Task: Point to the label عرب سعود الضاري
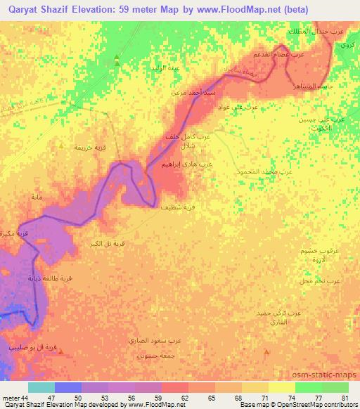(x=160, y=341)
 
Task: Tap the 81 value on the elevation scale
(x=345, y=396)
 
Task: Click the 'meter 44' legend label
(x=15, y=396)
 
